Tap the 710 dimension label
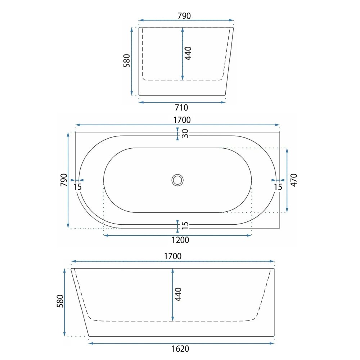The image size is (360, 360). point(181,107)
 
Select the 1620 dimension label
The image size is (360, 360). point(180,349)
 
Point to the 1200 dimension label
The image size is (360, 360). point(180,240)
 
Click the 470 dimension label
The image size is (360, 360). point(294,180)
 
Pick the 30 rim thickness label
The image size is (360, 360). point(185,134)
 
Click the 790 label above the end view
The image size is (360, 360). point(184,16)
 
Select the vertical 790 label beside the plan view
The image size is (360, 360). point(64,180)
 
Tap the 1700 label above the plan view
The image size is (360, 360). point(182,120)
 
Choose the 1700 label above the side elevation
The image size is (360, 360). point(173,256)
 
